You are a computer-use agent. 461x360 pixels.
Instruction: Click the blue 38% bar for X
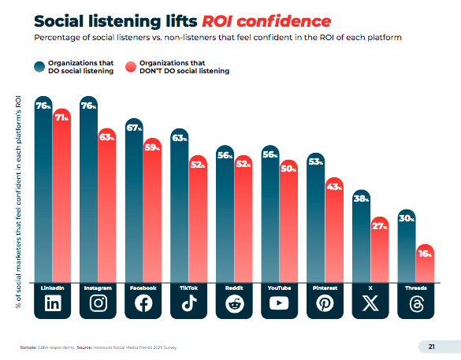tap(361, 236)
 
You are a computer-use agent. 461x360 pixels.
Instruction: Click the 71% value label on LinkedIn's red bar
tap(61, 116)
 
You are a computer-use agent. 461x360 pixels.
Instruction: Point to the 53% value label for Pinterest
tap(315, 161)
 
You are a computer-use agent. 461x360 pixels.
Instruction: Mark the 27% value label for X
tap(379, 226)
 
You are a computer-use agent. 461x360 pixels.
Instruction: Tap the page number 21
tap(431, 346)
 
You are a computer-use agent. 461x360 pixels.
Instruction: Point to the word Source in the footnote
tap(84, 347)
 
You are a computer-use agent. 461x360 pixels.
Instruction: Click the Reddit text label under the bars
tap(234, 288)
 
